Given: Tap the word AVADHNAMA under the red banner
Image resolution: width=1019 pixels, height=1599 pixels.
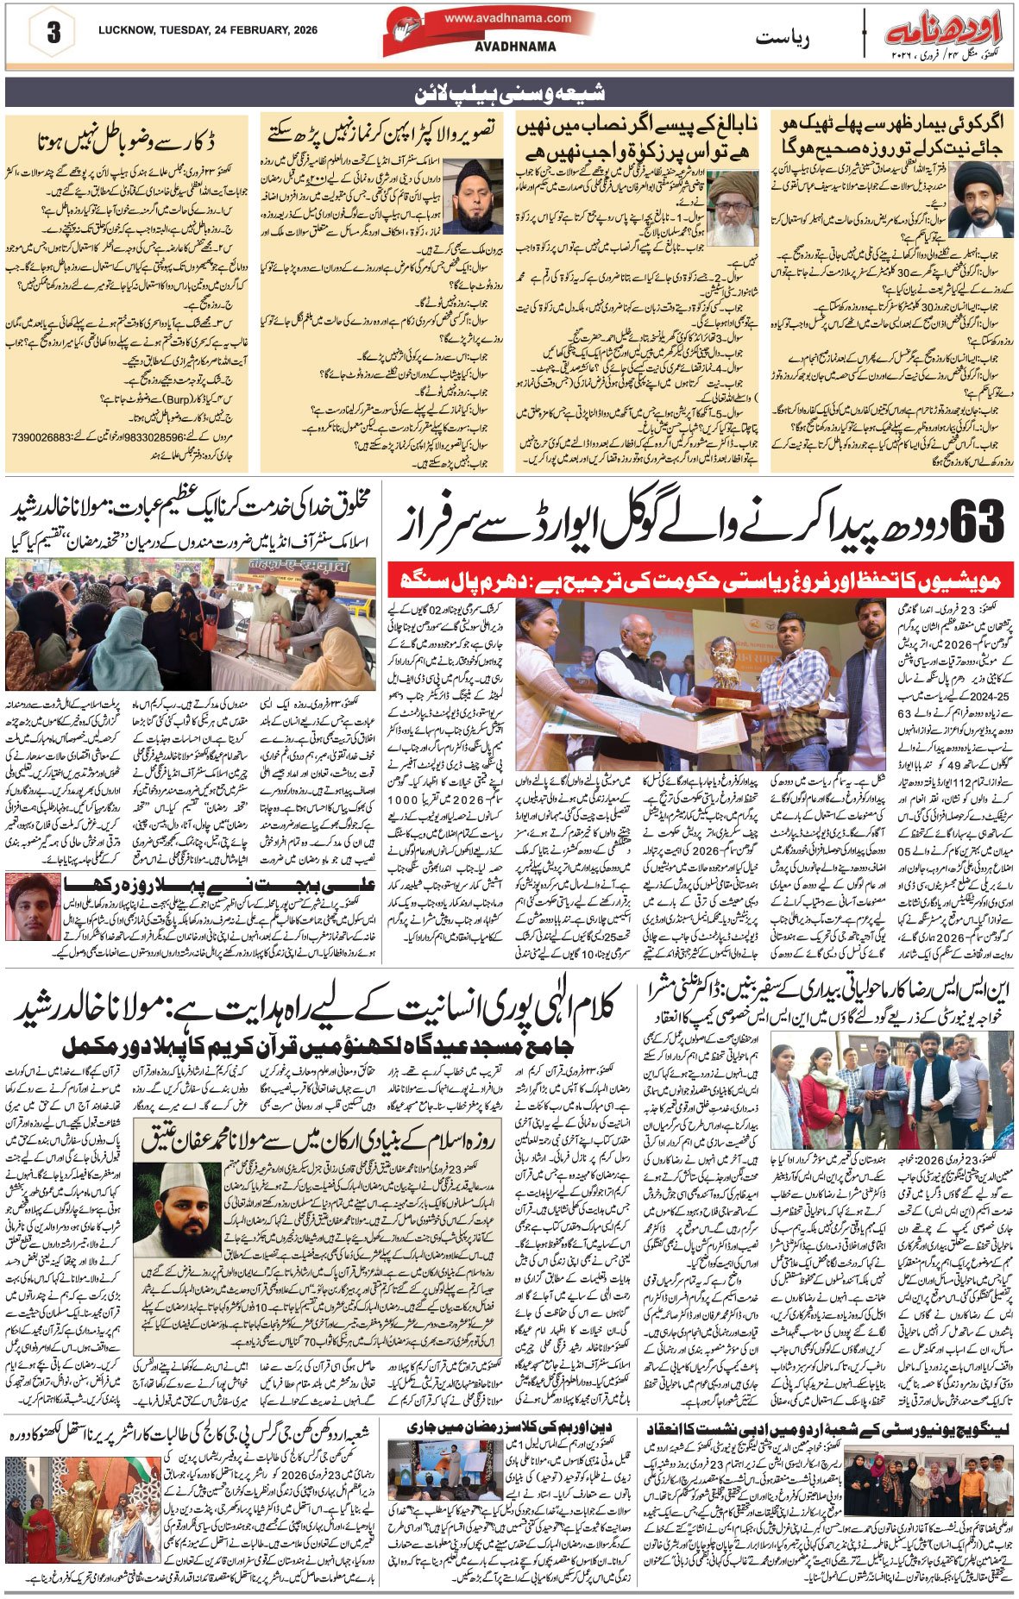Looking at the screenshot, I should pos(515,47).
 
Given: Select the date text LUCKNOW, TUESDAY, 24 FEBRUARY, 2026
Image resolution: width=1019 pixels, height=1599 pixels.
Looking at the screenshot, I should pos(208,30).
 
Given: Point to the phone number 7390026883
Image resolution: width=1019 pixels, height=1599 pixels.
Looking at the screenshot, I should pos(41,437).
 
